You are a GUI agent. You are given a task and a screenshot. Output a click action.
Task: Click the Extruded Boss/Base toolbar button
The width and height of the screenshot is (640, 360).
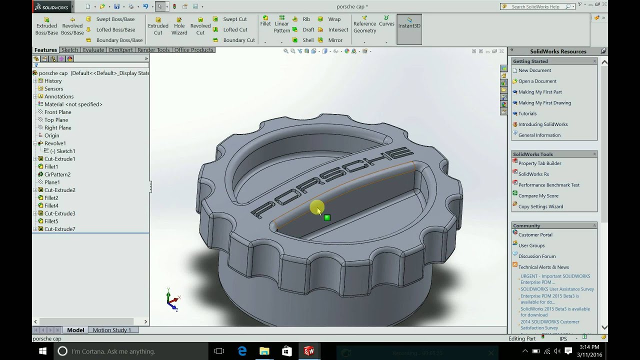[x=46, y=25]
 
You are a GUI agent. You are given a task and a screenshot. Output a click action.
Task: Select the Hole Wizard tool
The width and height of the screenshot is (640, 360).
[x=179, y=25]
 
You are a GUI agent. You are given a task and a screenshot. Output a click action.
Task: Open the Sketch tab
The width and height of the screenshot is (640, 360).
[x=69, y=50]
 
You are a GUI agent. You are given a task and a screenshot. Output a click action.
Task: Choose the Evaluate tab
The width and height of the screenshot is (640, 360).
[x=93, y=50]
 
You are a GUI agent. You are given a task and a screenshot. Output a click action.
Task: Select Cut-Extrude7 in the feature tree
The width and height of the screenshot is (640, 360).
[x=59, y=229]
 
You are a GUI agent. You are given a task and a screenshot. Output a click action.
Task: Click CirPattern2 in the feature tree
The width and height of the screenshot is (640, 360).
[x=57, y=174]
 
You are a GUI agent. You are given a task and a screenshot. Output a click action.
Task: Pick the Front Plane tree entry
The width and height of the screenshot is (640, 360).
[x=57, y=112]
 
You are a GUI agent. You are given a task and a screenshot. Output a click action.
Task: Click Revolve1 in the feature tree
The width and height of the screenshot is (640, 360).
[x=55, y=143]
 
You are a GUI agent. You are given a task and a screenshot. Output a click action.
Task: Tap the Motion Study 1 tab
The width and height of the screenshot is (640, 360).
[x=111, y=330]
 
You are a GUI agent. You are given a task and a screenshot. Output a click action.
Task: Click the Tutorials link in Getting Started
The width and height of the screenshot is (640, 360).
[x=527, y=113]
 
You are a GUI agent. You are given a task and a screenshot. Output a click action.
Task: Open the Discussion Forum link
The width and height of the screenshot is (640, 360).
[x=536, y=256]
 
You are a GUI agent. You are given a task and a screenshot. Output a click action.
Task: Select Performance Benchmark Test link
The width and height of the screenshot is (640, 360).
[x=548, y=185]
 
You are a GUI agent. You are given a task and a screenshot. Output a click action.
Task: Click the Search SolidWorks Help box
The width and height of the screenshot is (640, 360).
[x=537, y=6]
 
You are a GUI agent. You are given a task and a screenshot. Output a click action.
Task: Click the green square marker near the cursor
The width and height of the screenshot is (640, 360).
[x=327, y=217]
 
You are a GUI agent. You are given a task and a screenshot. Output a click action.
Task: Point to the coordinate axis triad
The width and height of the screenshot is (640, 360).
[x=172, y=300]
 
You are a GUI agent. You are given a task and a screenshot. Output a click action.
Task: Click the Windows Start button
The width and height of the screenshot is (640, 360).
[x=42, y=351]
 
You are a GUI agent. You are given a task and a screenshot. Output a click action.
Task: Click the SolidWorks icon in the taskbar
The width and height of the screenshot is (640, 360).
[x=308, y=351]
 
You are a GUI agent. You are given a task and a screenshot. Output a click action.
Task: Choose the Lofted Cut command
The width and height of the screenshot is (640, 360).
[x=235, y=29]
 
